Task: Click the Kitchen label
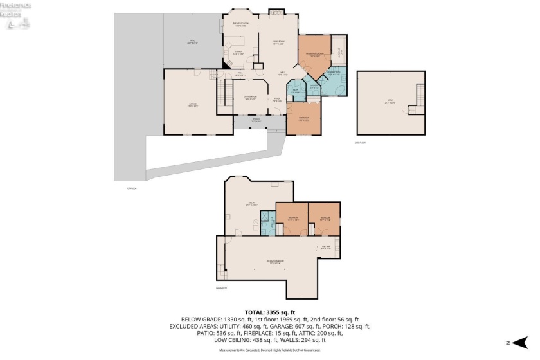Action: pyautogui.click(x=238, y=53)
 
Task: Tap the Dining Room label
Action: pyautogui.click(x=249, y=98)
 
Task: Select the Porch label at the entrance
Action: pyautogui.click(x=256, y=120)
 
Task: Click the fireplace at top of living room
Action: pyautogui.click(x=276, y=11)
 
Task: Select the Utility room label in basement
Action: pyautogui.click(x=253, y=204)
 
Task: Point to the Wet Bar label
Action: pyautogui.click(x=326, y=248)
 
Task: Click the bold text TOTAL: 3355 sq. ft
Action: pyautogui.click(x=269, y=312)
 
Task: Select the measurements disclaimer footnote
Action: pyautogui.click(x=269, y=350)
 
